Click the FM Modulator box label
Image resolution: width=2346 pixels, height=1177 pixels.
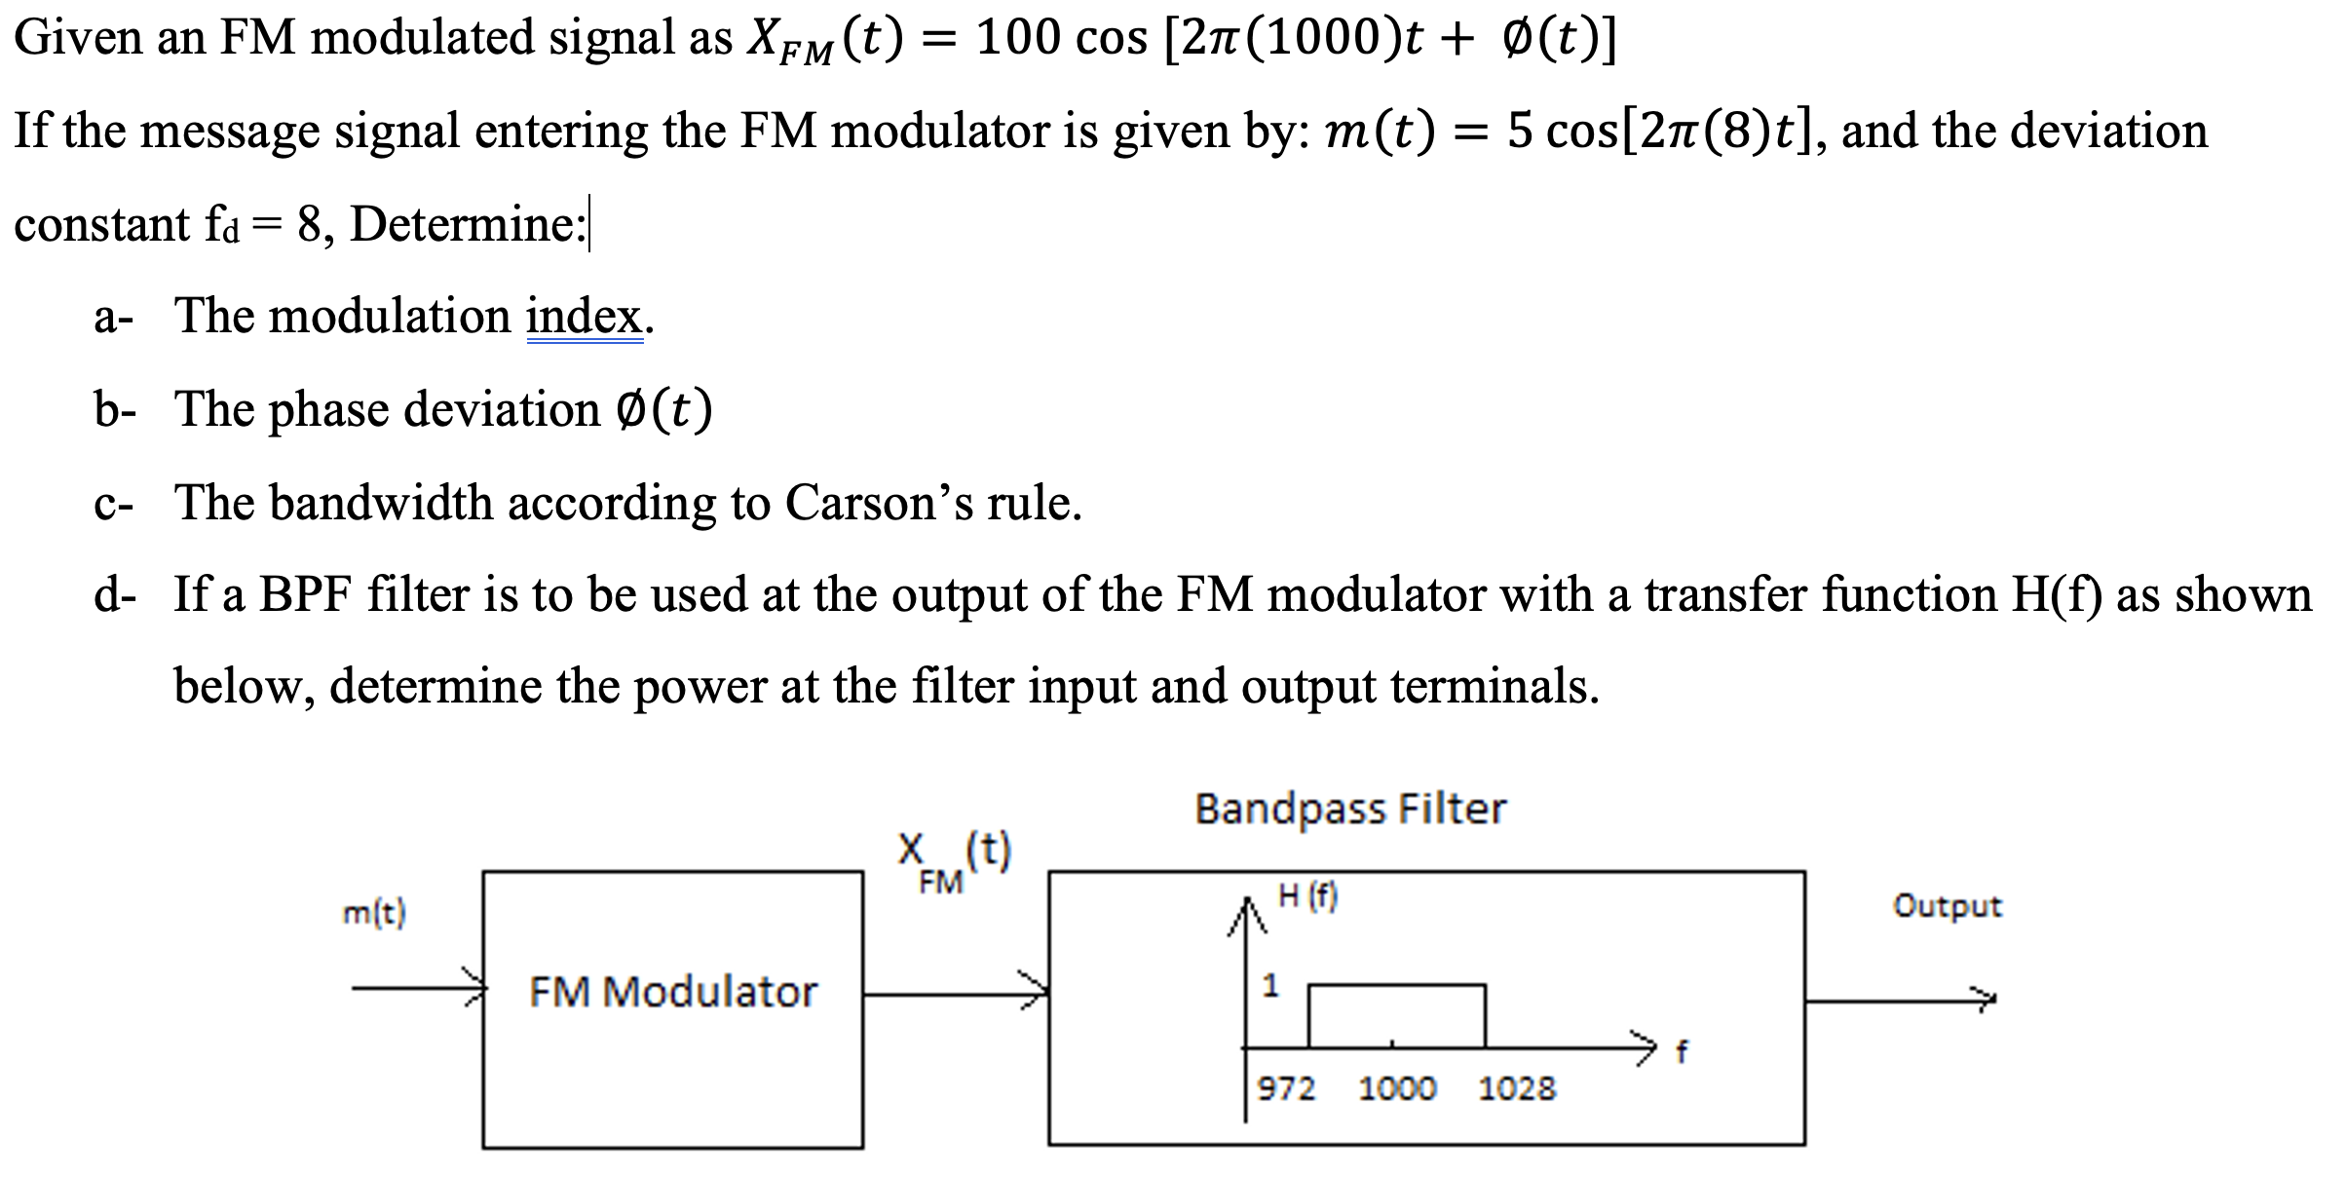(x=672, y=992)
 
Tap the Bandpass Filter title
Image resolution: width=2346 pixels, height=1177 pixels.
(x=1350, y=809)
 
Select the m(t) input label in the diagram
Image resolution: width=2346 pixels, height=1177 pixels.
(x=375, y=913)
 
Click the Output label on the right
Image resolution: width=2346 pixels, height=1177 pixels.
(x=1947, y=906)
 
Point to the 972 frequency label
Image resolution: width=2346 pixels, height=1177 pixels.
(x=1286, y=1087)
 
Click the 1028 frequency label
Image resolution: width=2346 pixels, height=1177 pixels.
(x=1517, y=1087)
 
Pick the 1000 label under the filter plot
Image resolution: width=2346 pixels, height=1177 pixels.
(x=1397, y=1087)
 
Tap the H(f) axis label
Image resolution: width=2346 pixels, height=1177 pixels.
(x=1308, y=896)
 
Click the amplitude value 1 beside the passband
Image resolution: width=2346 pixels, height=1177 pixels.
(x=1269, y=986)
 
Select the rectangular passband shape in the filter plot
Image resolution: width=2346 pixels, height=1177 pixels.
(x=1396, y=1015)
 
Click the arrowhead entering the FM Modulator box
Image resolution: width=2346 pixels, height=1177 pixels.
(x=476, y=989)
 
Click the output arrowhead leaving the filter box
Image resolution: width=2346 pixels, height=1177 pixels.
(x=1985, y=998)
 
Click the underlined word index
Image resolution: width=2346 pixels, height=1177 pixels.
(x=585, y=316)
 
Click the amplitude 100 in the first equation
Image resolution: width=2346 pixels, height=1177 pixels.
(x=1018, y=38)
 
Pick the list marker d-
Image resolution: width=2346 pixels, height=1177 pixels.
(x=115, y=594)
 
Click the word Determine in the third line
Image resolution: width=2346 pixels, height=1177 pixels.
(x=466, y=224)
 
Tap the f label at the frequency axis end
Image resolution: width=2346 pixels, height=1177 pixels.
(x=1681, y=1051)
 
